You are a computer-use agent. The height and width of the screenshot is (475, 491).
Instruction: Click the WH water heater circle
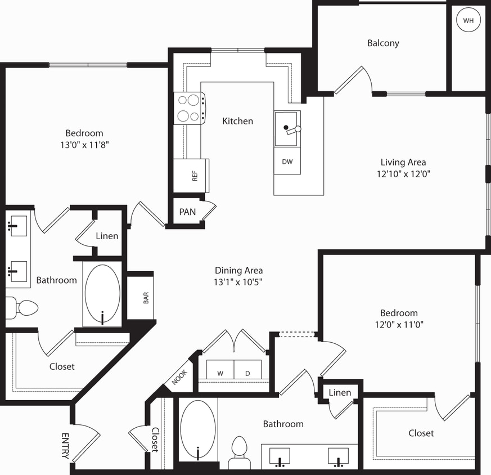468,21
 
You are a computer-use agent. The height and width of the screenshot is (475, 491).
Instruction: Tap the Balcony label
383,43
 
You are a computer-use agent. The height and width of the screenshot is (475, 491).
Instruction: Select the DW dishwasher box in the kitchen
287,162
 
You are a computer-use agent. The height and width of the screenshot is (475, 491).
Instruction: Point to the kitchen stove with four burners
189,109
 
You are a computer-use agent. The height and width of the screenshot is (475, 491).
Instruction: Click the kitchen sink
287,129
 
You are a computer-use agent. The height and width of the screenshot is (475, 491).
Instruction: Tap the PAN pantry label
187,212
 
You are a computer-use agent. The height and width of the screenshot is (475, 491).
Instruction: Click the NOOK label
179,375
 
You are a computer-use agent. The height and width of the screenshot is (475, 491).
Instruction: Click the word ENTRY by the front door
65,446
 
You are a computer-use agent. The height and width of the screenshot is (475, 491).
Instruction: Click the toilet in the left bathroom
22,308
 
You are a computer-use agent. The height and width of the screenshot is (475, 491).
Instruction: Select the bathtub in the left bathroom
102,294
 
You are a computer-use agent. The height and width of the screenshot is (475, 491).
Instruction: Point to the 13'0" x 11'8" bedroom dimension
84,145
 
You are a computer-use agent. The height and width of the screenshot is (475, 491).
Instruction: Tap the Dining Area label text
238,270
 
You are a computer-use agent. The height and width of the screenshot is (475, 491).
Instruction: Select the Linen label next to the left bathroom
107,236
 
